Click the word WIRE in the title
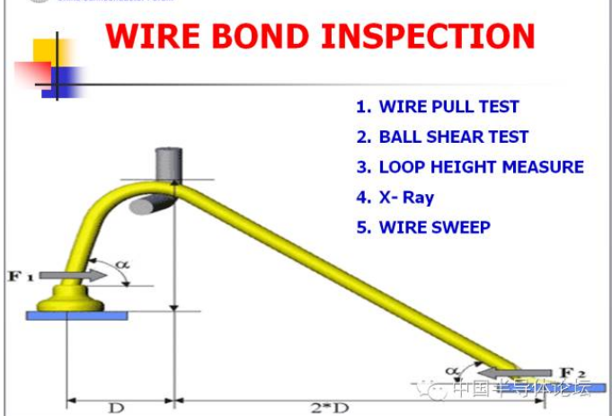[x=155, y=37]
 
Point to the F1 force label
[x=21, y=276]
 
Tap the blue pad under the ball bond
[x=76, y=314]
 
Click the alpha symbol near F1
[x=122, y=264]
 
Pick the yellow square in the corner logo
[x=45, y=51]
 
